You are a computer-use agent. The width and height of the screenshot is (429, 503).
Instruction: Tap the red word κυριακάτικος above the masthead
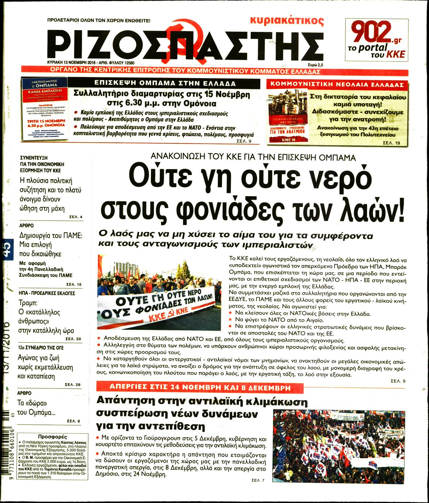pos(287,21)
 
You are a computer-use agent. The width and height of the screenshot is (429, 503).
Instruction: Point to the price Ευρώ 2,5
pos(315,64)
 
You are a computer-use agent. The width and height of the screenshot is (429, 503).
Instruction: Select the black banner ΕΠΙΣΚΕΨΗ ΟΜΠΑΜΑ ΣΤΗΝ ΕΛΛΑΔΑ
pos(165,83)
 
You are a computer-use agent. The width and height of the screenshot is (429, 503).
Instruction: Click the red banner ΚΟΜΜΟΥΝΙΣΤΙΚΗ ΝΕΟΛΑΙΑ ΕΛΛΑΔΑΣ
pos(337,85)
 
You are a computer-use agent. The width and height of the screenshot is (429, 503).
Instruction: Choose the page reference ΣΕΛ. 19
pos(391,143)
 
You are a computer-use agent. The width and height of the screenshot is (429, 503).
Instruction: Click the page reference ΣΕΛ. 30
pos(73,339)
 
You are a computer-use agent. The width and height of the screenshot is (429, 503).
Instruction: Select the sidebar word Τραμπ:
pos(28,303)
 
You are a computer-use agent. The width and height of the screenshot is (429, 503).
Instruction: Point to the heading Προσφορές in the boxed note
pos(52,437)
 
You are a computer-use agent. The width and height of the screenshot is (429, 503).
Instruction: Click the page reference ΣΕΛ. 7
pos(258,480)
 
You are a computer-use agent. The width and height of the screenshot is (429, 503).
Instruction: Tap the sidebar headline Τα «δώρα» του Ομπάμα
pos(36,407)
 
